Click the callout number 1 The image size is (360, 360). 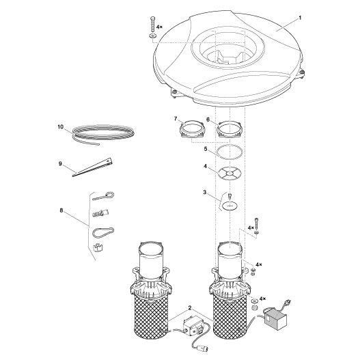(x=299, y=18)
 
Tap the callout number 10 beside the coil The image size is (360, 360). (x=60, y=127)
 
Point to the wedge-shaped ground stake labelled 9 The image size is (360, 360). (x=92, y=167)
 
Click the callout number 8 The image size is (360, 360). (x=61, y=210)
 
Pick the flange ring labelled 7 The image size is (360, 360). (x=192, y=129)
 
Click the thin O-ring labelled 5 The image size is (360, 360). (x=230, y=152)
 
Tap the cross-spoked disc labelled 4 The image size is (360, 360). (x=230, y=172)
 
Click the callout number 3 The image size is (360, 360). (x=205, y=192)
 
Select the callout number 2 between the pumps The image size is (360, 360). (x=190, y=308)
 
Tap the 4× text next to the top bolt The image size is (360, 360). (x=159, y=27)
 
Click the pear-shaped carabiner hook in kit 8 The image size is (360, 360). (x=103, y=232)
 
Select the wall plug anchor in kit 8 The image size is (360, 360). (x=100, y=213)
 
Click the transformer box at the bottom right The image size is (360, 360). (x=275, y=319)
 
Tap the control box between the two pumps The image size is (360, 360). (x=194, y=326)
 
